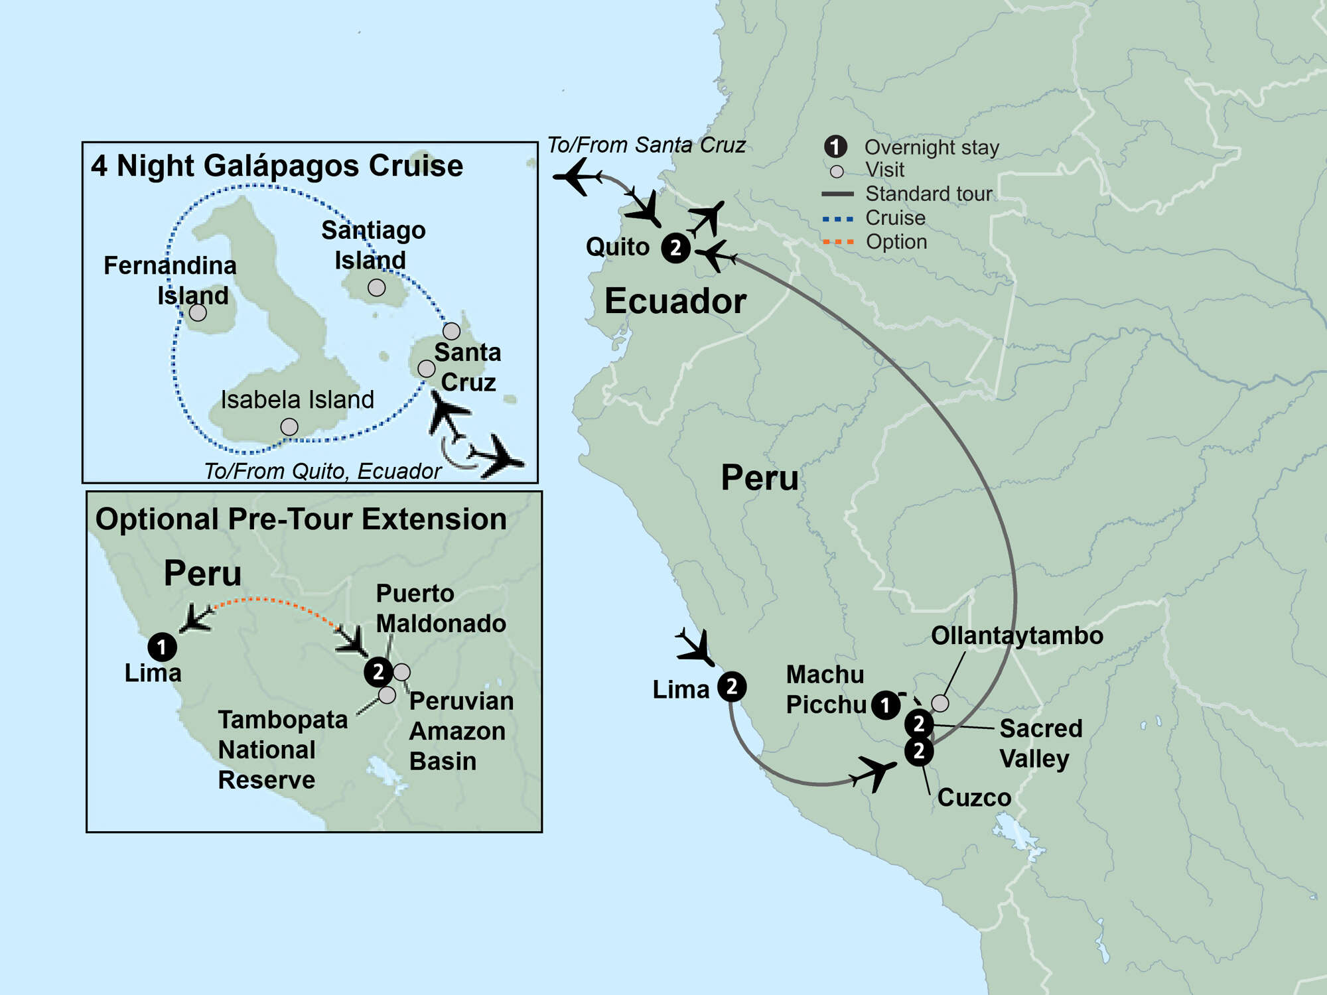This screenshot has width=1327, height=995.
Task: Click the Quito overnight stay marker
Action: [x=675, y=248]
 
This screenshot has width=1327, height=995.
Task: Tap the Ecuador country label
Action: [x=675, y=301]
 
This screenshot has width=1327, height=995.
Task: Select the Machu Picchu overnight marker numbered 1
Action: [x=885, y=705]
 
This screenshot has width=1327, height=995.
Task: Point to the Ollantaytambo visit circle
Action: [x=940, y=702]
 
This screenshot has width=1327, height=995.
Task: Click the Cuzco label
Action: [x=974, y=797]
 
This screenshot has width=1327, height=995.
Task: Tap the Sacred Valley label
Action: [x=1040, y=743]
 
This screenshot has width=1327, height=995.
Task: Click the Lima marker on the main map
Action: [x=732, y=687]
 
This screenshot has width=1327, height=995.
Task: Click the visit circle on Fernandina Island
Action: [x=198, y=312]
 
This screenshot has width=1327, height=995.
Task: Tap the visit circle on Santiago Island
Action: [x=376, y=287]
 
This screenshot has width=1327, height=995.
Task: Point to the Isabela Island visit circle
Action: [x=289, y=427]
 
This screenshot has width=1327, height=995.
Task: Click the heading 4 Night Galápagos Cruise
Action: [x=277, y=166]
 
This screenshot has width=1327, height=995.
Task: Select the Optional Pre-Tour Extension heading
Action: [x=301, y=519]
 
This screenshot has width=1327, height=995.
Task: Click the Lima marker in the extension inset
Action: [x=162, y=647]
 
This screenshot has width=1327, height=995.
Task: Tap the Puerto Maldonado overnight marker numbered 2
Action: [x=378, y=672]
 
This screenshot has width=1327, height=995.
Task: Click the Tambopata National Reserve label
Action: [x=283, y=750]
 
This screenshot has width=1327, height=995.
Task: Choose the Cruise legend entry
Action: [x=894, y=218]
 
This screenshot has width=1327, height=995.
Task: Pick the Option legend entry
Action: [x=896, y=241]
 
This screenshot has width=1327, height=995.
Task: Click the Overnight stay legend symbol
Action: [x=835, y=147]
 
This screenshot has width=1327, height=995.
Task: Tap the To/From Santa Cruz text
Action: [x=646, y=145]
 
